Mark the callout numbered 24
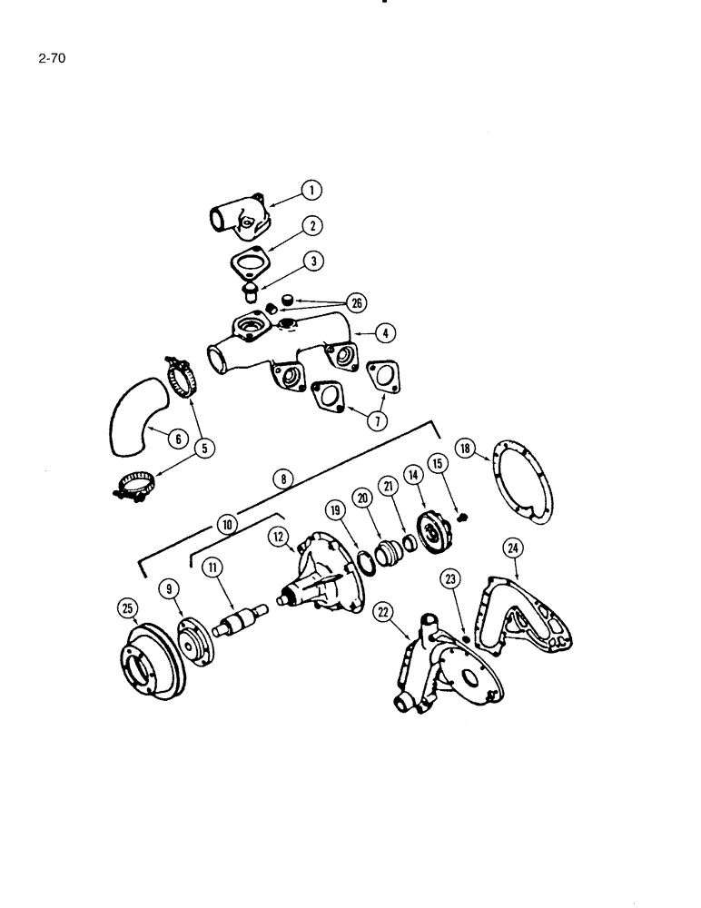pos(513,548)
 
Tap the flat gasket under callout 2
pos(245,264)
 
